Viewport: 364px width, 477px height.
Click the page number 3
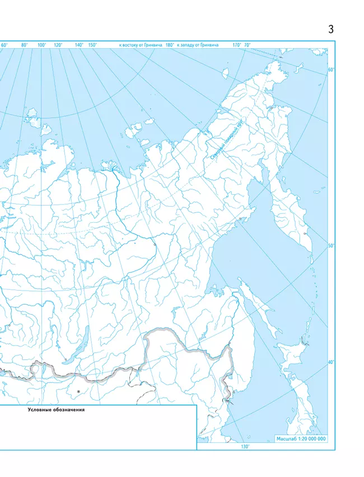pos(331,30)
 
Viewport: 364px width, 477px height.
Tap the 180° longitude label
pos(169,45)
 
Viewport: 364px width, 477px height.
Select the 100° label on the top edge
pos(41,45)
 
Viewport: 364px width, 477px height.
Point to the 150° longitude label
pos(92,45)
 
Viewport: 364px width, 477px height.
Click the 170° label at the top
pos(236,45)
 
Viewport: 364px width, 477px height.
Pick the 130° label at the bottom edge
pos(245,447)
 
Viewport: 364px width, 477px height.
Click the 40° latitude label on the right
pos(331,362)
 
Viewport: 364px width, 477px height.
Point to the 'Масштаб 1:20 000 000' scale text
pos(301,439)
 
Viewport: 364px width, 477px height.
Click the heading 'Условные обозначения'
pos(56,410)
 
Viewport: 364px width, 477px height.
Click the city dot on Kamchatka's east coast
pos(305,233)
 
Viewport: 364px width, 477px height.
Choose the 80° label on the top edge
pos(25,45)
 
